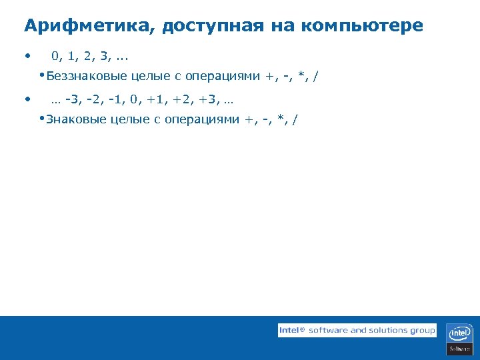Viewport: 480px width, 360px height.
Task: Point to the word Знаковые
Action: pos(77,119)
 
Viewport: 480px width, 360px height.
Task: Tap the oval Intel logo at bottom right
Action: pos(460,333)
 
